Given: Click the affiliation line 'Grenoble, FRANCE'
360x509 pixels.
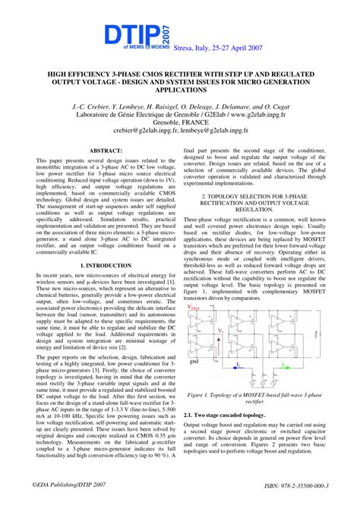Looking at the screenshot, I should (179, 130).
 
